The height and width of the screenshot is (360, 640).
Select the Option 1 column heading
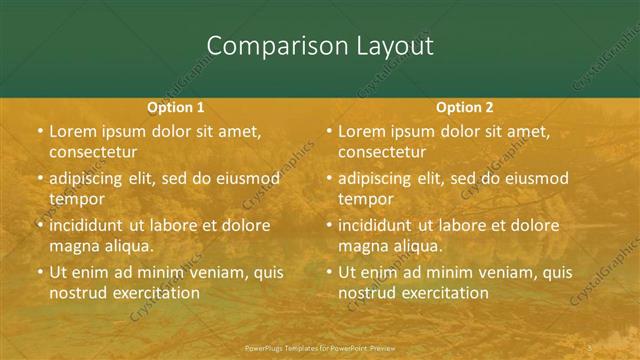(176, 107)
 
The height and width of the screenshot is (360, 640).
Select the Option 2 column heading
(465, 107)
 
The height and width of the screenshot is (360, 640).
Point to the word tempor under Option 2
(364, 199)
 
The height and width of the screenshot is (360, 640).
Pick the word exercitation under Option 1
(153, 293)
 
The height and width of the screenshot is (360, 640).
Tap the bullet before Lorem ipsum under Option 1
(40, 132)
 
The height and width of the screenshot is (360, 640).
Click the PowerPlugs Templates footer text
(320, 349)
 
